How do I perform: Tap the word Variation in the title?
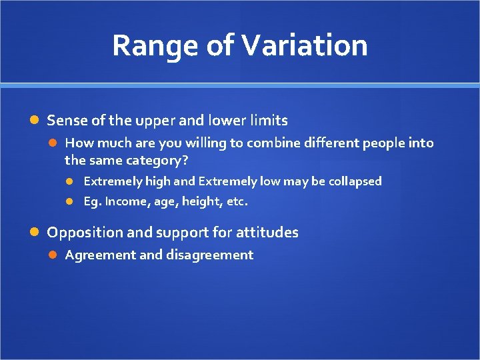point(305,46)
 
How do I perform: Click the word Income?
point(126,201)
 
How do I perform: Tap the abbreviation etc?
point(235,201)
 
